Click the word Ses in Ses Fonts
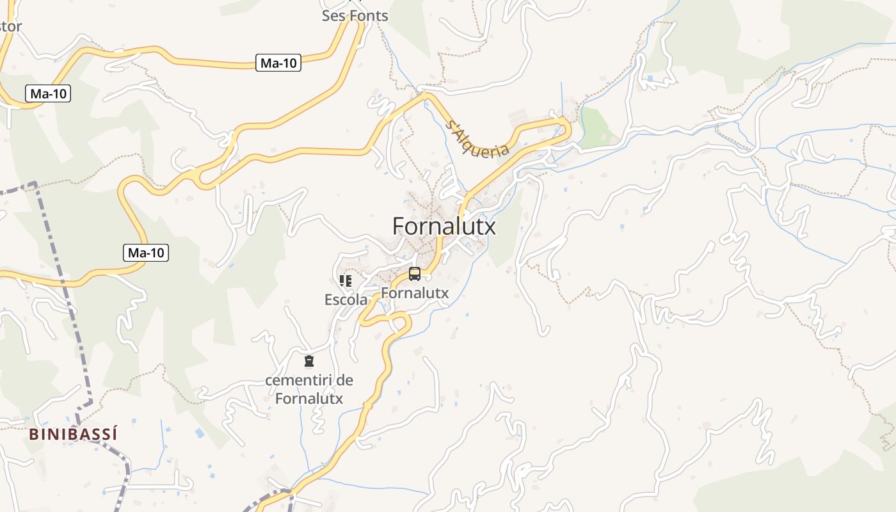point(333,15)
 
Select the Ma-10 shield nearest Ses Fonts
point(278,63)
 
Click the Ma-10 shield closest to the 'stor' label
point(49,93)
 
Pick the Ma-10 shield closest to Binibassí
point(146,253)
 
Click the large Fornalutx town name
point(444,226)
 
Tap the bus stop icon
point(415,274)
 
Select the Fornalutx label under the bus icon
point(415,293)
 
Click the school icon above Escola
point(346,281)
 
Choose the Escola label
point(346,300)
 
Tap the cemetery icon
point(309,362)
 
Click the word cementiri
point(300,380)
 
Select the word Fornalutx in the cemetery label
point(309,398)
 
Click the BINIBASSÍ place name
point(73,434)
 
